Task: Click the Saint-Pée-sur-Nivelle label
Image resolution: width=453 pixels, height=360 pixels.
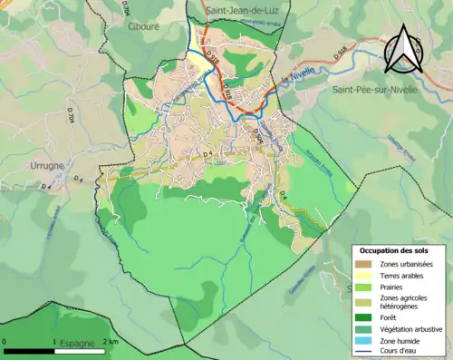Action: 373,90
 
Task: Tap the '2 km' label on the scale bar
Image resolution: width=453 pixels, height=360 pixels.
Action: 110,342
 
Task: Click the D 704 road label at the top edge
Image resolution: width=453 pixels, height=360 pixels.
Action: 124,9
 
